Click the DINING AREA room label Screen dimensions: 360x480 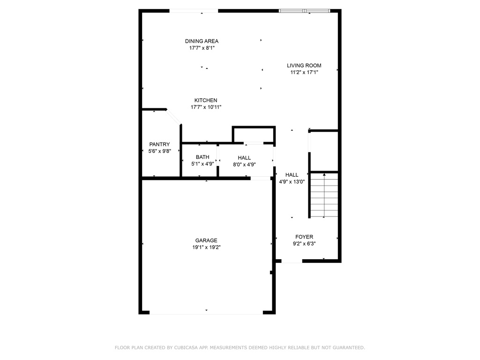[202, 41]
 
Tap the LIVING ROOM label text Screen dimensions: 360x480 [304, 66]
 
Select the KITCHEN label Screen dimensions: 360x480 [206, 100]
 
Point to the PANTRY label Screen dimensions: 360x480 [159, 144]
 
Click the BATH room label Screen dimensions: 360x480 [202, 157]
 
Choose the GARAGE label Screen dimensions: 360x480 [206, 240]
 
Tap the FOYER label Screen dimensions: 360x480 [304, 237]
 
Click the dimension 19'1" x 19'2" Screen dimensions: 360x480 [206, 247]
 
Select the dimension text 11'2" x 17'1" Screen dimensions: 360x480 [304, 72]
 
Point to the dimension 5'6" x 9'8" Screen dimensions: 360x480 [159, 151]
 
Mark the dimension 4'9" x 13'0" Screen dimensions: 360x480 [292, 181]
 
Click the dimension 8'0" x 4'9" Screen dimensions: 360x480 [244, 164]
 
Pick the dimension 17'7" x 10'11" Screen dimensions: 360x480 [206, 107]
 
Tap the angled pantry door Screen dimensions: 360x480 [173, 117]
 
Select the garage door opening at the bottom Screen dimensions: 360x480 [206, 313]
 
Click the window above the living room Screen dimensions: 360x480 [305, 11]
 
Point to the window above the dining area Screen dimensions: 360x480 [194, 11]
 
